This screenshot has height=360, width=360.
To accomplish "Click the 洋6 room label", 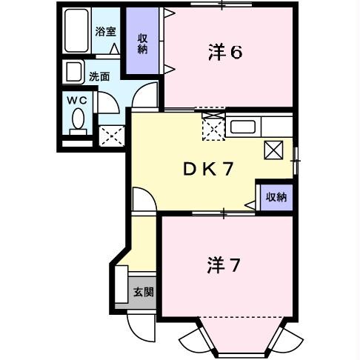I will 226,52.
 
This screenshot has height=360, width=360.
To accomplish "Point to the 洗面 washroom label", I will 99,76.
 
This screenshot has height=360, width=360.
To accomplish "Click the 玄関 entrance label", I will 143,291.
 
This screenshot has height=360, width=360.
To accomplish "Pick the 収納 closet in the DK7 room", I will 276,196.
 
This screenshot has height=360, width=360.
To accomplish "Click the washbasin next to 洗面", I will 74,72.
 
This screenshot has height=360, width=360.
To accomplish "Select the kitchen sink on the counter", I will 242,127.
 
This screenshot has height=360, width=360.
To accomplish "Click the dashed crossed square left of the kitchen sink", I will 213,129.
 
